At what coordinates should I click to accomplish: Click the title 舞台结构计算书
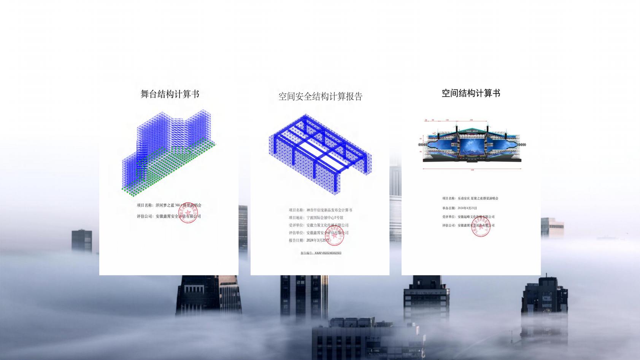point(170,94)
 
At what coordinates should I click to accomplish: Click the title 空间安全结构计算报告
point(320,97)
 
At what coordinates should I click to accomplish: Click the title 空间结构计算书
point(471,94)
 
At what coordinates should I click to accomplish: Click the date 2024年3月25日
point(318,241)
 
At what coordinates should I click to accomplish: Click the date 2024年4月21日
point(467,208)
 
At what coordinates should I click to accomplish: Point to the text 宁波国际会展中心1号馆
point(325,218)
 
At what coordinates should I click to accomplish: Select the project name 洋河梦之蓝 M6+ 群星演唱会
point(178,205)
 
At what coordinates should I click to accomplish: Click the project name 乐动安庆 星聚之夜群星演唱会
point(478,198)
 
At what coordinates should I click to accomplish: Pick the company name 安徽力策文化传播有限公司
point(327,225)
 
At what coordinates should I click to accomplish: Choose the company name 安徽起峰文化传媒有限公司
point(476,217)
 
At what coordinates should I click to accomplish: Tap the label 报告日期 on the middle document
point(296,241)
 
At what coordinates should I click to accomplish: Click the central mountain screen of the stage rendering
point(472,145)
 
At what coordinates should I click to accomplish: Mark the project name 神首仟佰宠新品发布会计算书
point(329,210)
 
